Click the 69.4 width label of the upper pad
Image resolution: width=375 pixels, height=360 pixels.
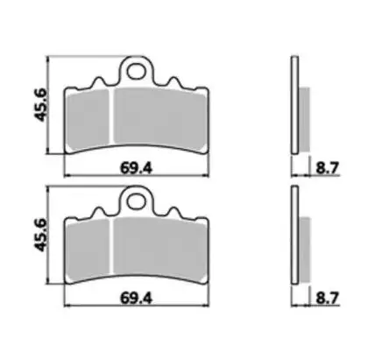point(137,168)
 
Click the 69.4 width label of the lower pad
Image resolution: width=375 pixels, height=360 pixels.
point(137,299)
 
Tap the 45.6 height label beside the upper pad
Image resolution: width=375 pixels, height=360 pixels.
point(40,104)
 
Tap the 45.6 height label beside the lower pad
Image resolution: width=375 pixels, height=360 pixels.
point(40,235)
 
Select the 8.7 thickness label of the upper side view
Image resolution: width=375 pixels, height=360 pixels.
point(327,168)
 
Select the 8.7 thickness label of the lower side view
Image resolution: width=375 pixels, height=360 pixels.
point(327,299)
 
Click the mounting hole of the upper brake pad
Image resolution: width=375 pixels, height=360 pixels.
point(136,72)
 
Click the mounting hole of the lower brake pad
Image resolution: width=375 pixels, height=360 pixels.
point(136,201)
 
